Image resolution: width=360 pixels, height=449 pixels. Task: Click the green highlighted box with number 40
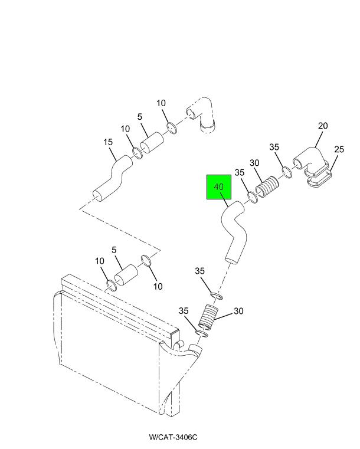[x=219, y=186]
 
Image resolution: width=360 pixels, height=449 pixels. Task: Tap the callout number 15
[x=108, y=142]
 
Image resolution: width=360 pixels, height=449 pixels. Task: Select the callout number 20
[x=322, y=126]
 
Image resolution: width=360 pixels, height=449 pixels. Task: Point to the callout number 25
[x=339, y=149]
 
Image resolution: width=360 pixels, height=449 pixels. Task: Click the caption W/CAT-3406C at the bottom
[x=173, y=437]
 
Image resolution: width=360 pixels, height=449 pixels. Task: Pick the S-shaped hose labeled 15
[x=113, y=179]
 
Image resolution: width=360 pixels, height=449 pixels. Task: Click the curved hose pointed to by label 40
[x=234, y=231]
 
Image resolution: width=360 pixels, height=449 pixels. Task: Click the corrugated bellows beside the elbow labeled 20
[x=267, y=188]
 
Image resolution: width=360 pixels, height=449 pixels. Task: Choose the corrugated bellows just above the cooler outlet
[x=209, y=317]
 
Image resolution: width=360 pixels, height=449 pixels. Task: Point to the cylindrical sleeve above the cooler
[x=126, y=275]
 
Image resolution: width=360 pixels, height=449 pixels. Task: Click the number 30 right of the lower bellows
[x=238, y=311]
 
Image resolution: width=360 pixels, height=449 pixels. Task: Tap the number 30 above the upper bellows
[x=254, y=163]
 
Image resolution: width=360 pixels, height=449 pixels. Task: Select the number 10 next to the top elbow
[x=161, y=103]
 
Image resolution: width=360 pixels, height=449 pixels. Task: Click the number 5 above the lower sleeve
[x=114, y=250]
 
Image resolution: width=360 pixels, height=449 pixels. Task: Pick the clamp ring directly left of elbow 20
[x=287, y=172]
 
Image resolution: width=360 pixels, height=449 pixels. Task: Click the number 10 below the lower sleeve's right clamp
[x=158, y=286]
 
